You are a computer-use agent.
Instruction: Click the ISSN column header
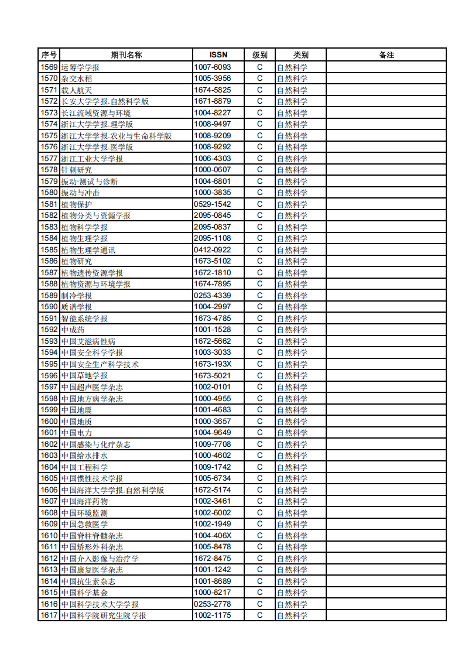pyautogui.click(x=218, y=55)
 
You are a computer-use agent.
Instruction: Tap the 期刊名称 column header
pyautogui.click(x=126, y=55)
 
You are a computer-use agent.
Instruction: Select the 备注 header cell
pyautogui.click(x=387, y=55)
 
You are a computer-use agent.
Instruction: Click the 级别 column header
pyautogui.click(x=260, y=55)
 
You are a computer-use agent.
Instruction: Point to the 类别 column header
pyautogui.click(x=301, y=55)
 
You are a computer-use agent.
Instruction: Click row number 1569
pyautogui.click(x=49, y=67)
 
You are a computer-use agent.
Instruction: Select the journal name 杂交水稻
pyautogui.click(x=77, y=78)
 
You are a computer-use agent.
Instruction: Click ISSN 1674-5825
pyautogui.click(x=213, y=90)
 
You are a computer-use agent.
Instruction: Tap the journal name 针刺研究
pyautogui.click(x=77, y=170)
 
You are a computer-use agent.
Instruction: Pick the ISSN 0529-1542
pyautogui.click(x=213, y=204)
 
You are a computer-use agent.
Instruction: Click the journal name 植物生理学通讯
pyautogui.click(x=88, y=250)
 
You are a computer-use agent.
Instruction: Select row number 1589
pyautogui.click(x=49, y=296)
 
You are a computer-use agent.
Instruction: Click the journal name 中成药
pyautogui.click(x=73, y=330)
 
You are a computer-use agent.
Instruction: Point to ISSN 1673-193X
pyautogui.click(x=213, y=364)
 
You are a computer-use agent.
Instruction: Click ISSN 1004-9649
pyautogui.click(x=213, y=433)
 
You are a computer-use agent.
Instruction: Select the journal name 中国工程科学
pyautogui.click(x=84, y=467)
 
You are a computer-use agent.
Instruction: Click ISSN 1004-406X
pyautogui.click(x=213, y=536)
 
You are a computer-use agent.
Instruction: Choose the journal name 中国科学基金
pyautogui.click(x=84, y=593)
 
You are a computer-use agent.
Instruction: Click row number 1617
pyautogui.click(x=49, y=615)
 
